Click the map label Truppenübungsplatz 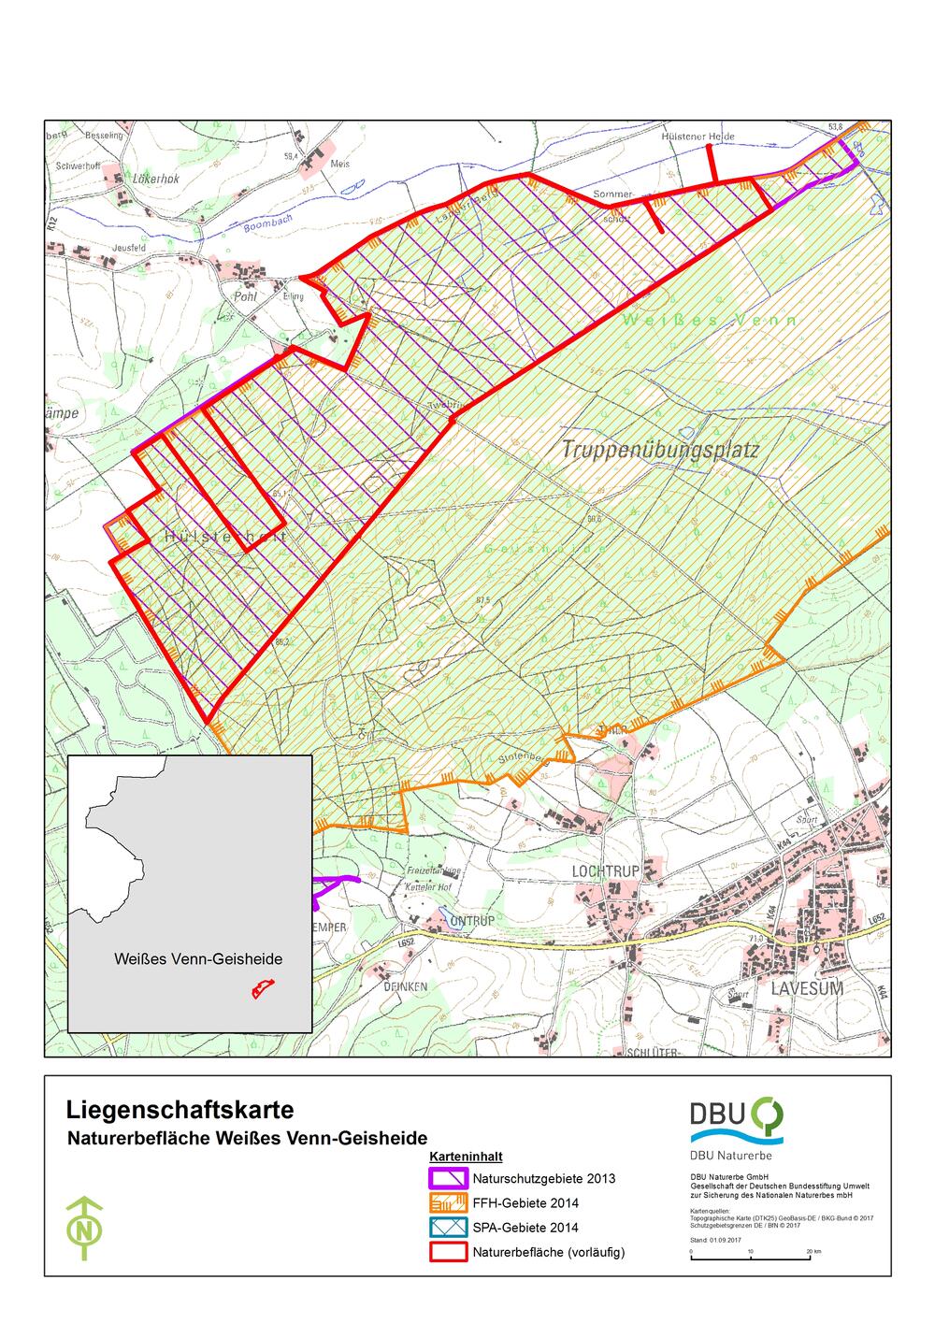660,450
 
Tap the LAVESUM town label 807,988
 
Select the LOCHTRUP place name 605,871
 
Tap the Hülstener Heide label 698,137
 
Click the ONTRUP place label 471,921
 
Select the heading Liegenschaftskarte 180,1110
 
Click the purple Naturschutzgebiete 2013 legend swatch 447,1178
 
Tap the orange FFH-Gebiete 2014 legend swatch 447,1202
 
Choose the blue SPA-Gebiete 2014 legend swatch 447,1227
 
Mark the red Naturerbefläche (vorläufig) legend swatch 447,1251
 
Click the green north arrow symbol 86,1227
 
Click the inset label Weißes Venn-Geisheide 198,959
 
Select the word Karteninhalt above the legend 466,1157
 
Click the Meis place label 340,164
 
